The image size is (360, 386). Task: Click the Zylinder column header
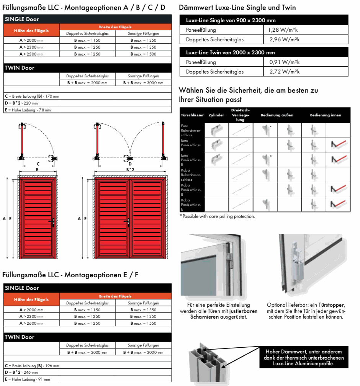click(216, 115)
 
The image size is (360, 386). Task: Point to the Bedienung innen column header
click(325, 115)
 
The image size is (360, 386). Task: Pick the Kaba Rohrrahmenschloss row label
click(191, 175)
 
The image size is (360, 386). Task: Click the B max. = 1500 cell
click(143, 54)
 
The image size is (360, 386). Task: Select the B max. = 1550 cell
click(143, 323)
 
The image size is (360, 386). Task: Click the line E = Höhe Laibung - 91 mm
click(27, 379)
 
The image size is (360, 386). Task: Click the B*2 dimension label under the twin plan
click(130, 169)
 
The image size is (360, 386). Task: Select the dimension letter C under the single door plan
click(38, 164)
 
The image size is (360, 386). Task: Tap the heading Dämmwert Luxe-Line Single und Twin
click(237, 8)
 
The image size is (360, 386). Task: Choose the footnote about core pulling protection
click(217, 216)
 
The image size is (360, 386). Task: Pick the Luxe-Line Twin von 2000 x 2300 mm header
click(231, 52)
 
